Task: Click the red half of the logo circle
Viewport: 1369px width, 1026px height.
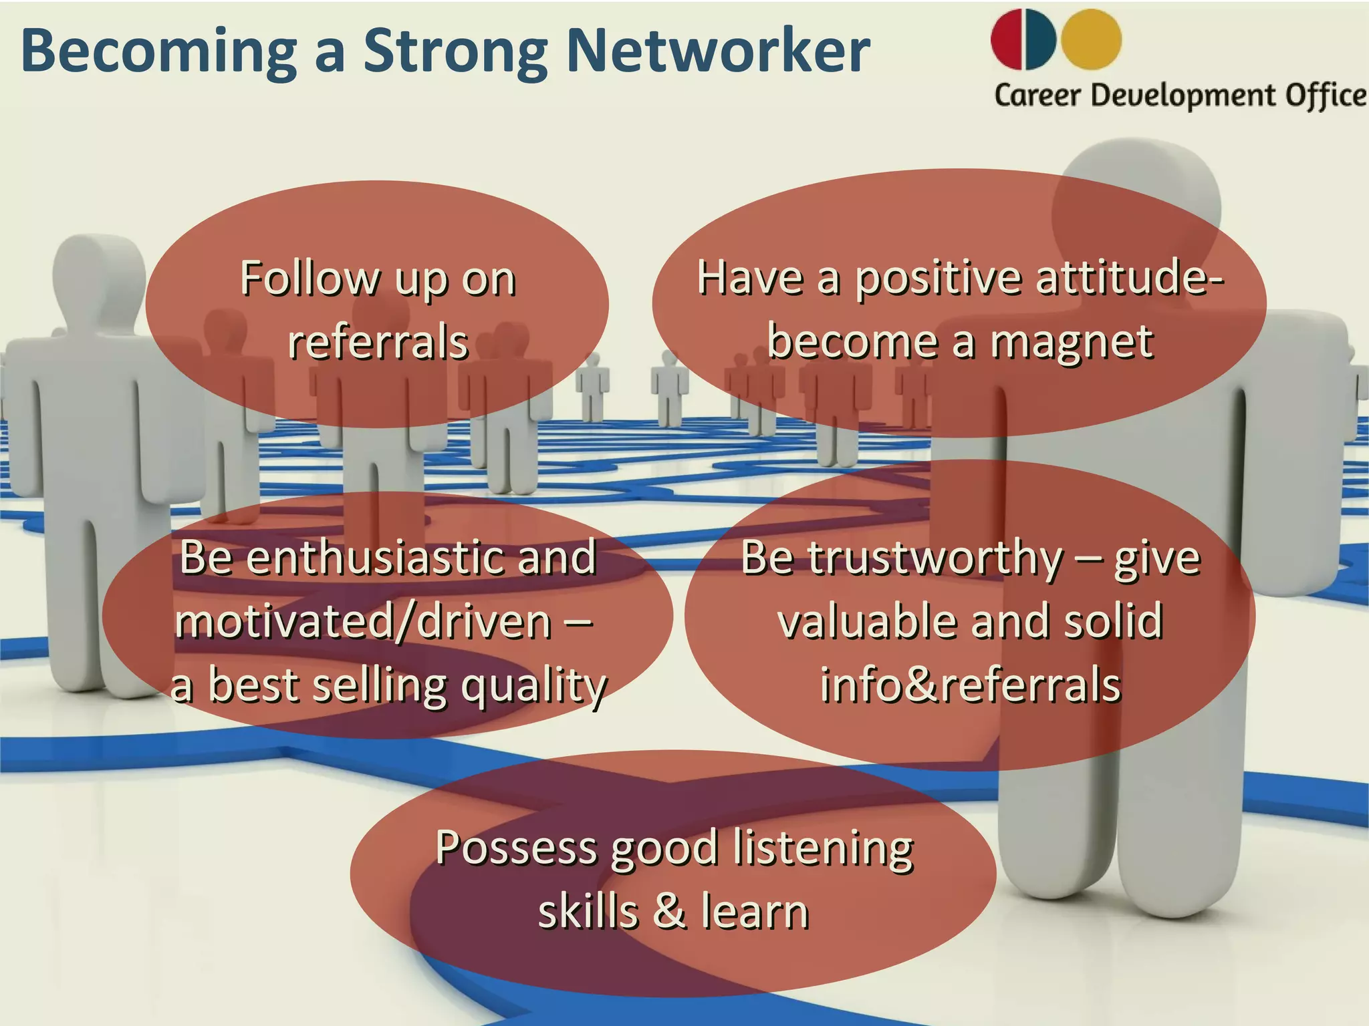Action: click(1007, 39)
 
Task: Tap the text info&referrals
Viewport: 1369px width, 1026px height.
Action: click(970, 685)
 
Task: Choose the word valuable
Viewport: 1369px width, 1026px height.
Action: click(869, 621)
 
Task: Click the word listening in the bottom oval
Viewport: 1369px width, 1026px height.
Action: click(823, 848)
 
